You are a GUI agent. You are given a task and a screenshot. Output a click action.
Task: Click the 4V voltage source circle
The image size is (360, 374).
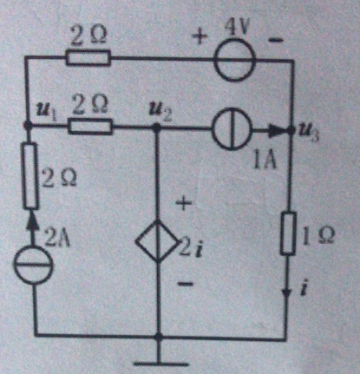pyautogui.click(x=235, y=60)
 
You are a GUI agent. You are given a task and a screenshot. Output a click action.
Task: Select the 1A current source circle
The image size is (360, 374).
pyautogui.click(x=232, y=128)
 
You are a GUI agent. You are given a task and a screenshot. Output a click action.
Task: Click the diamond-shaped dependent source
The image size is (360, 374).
pyautogui.click(x=158, y=241)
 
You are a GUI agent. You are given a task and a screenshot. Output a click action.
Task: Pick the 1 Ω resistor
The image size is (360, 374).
pyautogui.click(x=288, y=233)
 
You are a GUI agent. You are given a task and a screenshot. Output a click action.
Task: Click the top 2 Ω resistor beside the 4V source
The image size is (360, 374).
pyautogui.click(x=88, y=58)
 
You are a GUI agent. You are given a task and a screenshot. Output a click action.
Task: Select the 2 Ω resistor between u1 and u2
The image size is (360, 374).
pyautogui.click(x=90, y=127)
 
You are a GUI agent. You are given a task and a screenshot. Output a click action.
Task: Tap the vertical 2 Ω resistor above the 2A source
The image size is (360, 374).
pyautogui.click(x=30, y=176)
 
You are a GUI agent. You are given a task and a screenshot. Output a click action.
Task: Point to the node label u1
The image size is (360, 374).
pyautogui.click(x=46, y=110)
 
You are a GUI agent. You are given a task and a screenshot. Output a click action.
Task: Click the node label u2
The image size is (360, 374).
pyautogui.click(x=160, y=110)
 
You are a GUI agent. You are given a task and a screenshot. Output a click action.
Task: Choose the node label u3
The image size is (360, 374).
pyautogui.click(x=308, y=134)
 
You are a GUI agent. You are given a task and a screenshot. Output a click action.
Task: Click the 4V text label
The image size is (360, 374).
pyautogui.click(x=237, y=29)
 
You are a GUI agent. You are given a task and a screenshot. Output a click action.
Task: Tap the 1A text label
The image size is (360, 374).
pyautogui.click(x=265, y=161)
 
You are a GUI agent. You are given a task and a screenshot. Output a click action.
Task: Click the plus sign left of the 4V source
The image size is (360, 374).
pyautogui.click(x=201, y=38)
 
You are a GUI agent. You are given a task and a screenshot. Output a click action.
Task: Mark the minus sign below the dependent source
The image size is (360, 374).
pyautogui.click(x=185, y=284)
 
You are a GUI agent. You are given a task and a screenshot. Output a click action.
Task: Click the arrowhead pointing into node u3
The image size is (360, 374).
pyautogui.click(x=278, y=131)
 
